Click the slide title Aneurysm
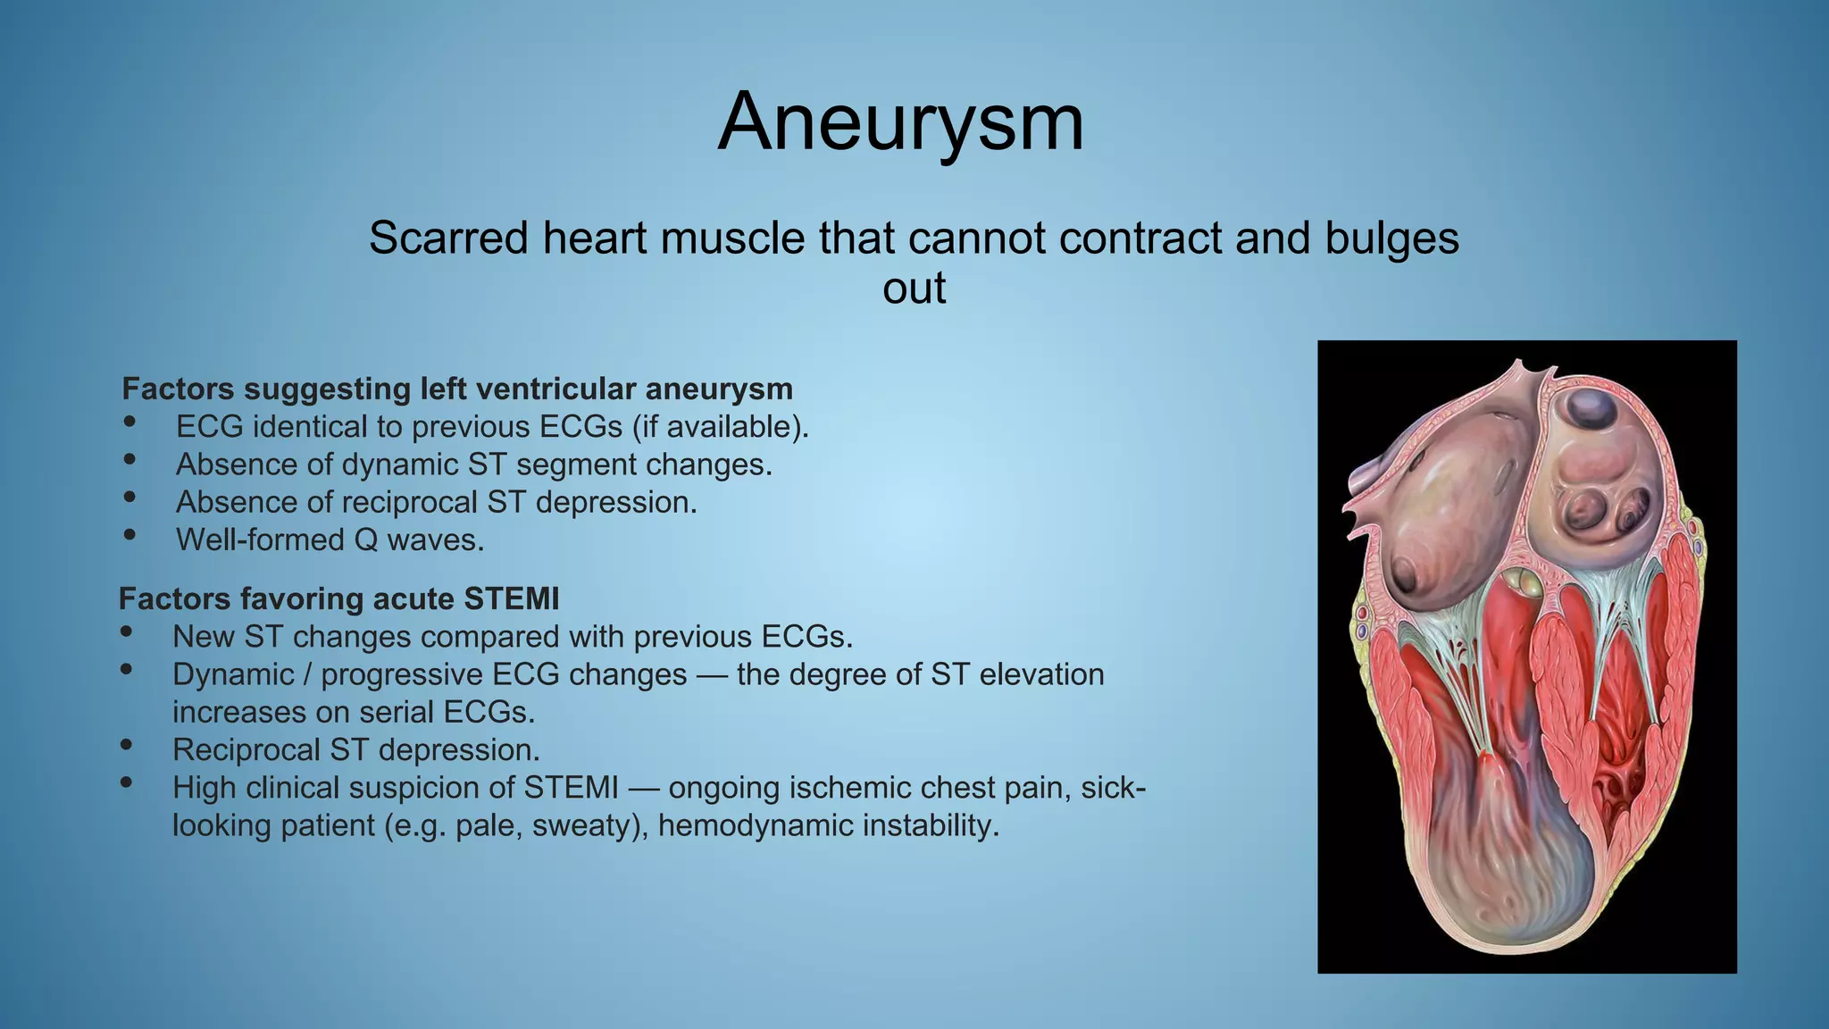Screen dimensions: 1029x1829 pos(900,122)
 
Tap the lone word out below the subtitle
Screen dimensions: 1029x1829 pos(914,289)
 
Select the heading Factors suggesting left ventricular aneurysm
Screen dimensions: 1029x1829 pos(457,389)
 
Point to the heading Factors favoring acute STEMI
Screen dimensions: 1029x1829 pos(339,598)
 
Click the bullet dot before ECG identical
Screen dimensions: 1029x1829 pos(130,422)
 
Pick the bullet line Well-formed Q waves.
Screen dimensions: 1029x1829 pos(330,540)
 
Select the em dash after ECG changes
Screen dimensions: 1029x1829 pos(712,675)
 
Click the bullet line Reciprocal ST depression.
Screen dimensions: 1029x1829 pos(356,749)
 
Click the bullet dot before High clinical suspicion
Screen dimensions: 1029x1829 pos(126,782)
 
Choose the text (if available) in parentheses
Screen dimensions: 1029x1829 pos(720,427)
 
